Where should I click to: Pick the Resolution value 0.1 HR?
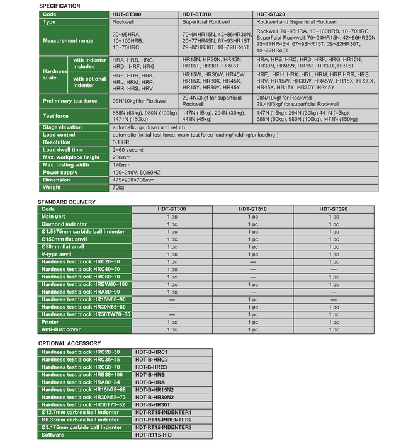121,142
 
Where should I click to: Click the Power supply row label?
60,173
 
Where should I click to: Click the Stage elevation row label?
63,127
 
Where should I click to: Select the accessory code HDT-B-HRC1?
152,352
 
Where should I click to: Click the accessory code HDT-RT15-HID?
155,435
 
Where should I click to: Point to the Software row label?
53,435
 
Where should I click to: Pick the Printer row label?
50,322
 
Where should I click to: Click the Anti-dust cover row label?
60,329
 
